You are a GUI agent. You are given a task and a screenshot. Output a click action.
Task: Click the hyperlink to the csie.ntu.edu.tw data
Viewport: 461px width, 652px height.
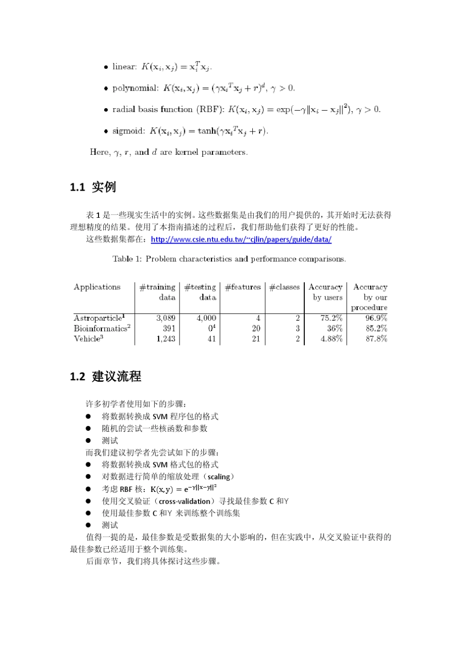click(x=241, y=239)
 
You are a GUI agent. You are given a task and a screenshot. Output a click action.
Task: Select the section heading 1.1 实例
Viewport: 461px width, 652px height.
click(x=93, y=187)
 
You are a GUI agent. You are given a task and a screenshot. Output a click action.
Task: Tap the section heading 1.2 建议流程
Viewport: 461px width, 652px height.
click(x=105, y=376)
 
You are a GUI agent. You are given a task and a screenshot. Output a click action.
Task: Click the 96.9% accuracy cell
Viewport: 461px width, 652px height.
click(x=376, y=318)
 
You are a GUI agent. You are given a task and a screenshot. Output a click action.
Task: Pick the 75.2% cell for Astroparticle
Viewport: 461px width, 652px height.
click(x=331, y=318)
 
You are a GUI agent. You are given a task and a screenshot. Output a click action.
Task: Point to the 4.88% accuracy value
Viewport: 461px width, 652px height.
click(x=331, y=339)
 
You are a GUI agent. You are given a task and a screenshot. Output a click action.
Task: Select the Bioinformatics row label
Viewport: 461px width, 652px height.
click(x=101, y=328)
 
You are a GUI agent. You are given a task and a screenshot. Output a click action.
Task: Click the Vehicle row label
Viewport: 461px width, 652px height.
click(x=88, y=339)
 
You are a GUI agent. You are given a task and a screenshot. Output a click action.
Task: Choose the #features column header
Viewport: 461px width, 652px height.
click(x=243, y=287)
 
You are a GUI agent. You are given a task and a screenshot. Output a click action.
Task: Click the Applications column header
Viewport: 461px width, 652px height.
click(x=97, y=287)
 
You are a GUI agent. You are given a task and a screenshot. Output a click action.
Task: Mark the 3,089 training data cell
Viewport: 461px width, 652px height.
click(x=165, y=318)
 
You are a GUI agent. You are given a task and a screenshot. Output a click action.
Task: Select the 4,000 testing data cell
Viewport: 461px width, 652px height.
click(x=206, y=318)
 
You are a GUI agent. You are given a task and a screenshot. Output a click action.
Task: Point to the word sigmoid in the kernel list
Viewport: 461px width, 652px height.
click(x=129, y=131)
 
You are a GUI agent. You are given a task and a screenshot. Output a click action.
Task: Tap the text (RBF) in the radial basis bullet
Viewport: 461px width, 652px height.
click(x=209, y=110)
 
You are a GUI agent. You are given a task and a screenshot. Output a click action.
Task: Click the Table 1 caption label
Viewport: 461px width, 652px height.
click(x=127, y=259)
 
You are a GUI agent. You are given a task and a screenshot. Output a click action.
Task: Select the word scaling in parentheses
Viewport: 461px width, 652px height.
click(x=219, y=477)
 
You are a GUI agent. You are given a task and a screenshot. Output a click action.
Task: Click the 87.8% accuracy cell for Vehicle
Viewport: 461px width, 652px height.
click(x=376, y=339)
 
